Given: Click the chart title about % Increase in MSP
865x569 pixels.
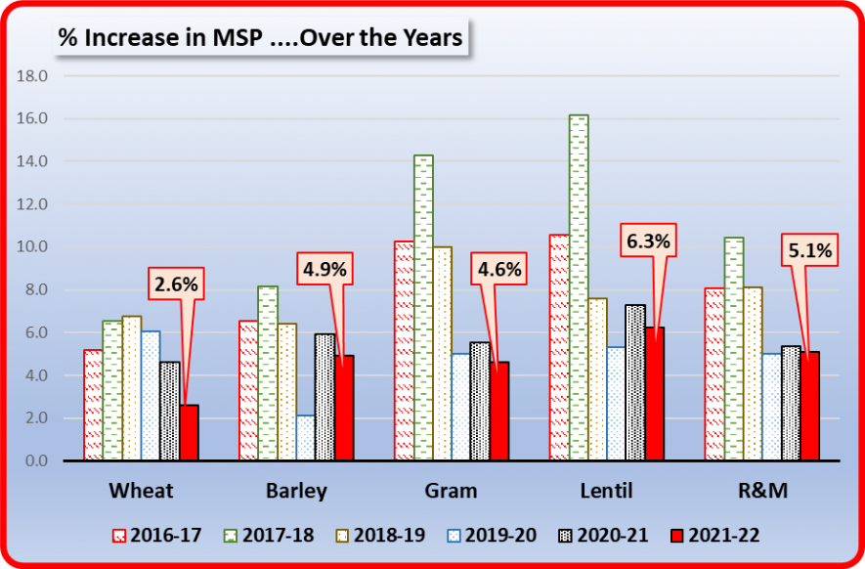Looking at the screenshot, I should click(x=260, y=38).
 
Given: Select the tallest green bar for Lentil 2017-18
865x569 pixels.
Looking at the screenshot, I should click(x=578, y=287).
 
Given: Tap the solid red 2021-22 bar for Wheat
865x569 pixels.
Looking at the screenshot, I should click(x=189, y=431).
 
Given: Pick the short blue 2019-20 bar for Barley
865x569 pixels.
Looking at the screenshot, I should click(x=305, y=437).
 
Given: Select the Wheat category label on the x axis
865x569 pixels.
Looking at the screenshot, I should click(x=140, y=490).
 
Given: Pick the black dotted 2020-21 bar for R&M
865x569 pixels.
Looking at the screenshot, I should click(x=792, y=403).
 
